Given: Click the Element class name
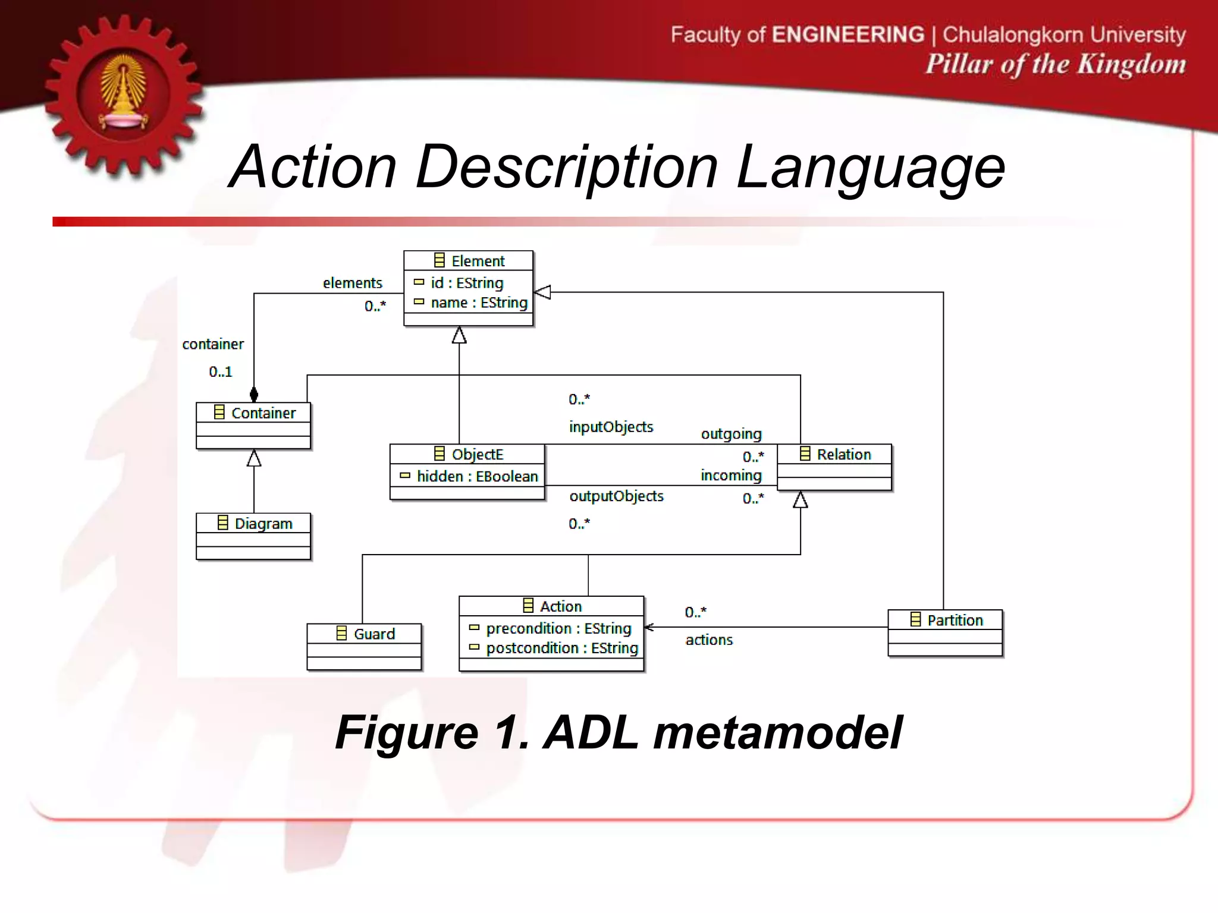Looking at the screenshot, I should click(x=477, y=261).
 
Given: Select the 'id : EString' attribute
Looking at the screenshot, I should click(x=467, y=283).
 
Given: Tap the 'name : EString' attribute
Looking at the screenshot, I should click(x=479, y=303).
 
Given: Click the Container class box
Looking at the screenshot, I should click(x=254, y=426).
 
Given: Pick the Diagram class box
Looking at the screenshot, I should click(x=254, y=536).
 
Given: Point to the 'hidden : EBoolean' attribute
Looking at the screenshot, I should click(x=477, y=476).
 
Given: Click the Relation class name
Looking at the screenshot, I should click(x=843, y=455).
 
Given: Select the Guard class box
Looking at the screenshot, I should click(x=364, y=646).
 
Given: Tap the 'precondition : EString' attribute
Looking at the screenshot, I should click(x=558, y=628).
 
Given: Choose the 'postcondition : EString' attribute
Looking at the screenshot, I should click(x=561, y=648).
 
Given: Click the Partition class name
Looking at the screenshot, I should click(x=955, y=621).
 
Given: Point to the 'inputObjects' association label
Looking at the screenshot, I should click(x=611, y=427).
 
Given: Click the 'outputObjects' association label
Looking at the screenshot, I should click(x=616, y=496).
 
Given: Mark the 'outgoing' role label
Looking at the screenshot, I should click(x=731, y=434).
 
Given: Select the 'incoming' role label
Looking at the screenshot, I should click(x=731, y=476).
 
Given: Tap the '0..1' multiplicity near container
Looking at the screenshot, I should click(x=220, y=372).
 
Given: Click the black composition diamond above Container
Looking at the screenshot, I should click(x=254, y=394).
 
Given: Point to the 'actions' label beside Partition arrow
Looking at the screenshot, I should click(x=709, y=640).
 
